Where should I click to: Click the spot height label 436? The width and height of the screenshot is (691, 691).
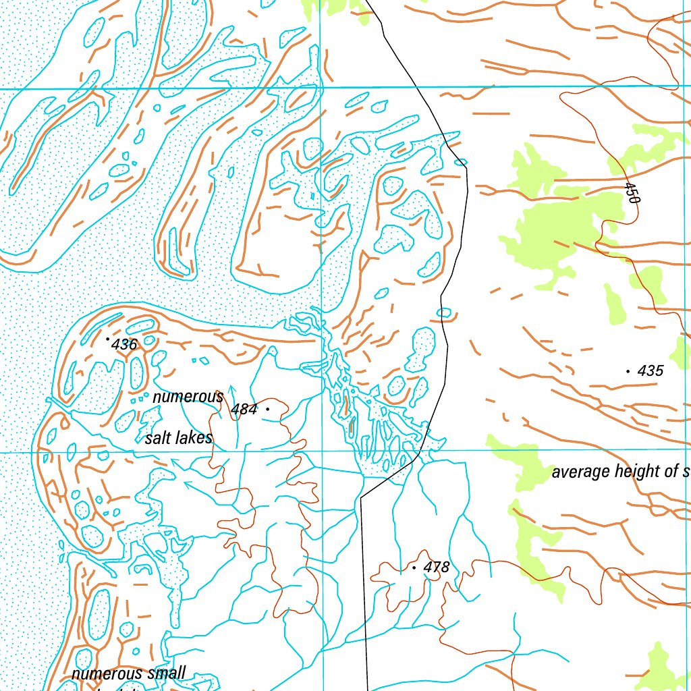click(125, 345)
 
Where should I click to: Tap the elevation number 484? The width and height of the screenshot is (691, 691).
click(244, 409)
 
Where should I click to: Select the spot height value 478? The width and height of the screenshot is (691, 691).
click(437, 568)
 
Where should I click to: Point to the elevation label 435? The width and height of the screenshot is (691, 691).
click(651, 370)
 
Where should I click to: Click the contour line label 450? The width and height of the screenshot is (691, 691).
click(632, 192)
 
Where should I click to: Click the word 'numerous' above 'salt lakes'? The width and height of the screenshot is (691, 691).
click(188, 397)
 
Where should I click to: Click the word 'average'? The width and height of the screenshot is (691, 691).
click(581, 472)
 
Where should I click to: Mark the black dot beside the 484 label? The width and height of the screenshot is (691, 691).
click(268, 409)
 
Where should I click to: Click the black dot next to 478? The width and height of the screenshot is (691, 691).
click(414, 568)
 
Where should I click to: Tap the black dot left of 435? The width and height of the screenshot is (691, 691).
click(628, 371)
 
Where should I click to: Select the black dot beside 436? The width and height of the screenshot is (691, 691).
click(107, 339)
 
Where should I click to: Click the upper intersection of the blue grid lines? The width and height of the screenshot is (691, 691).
click(321, 88)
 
